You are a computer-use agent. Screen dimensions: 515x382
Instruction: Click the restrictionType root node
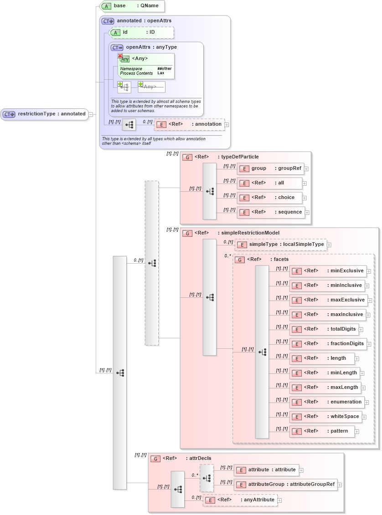pyautogui.click(x=44, y=114)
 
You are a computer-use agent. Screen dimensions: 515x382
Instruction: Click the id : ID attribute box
pyautogui.click(x=141, y=32)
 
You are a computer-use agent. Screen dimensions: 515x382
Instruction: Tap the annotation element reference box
pyautogui.click(x=189, y=124)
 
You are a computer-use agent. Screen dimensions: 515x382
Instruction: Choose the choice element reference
pyautogui.click(x=269, y=198)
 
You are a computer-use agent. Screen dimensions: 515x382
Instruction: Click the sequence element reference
pyautogui.click(x=271, y=212)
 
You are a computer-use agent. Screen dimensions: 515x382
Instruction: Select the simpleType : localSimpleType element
pyautogui.click(x=281, y=245)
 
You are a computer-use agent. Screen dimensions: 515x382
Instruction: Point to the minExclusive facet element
pyautogui.click(x=328, y=271)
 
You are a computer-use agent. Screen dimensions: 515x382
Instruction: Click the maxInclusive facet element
pyautogui.click(x=328, y=315)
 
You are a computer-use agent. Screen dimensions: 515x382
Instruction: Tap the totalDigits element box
pyautogui.click(x=324, y=329)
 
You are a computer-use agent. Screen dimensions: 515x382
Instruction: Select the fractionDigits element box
pyautogui.click(x=328, y=344)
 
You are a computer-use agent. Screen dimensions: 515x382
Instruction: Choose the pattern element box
pyautogui.click(x=321, y=431)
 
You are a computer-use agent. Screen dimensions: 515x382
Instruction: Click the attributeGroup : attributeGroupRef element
pyautogui.click(x=286, y=484)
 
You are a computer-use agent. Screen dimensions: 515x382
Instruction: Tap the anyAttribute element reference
pyautogui.click(x=240, y=500)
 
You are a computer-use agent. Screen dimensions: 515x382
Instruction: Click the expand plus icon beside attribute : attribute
pyautogui.click(x=301, y=470)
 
